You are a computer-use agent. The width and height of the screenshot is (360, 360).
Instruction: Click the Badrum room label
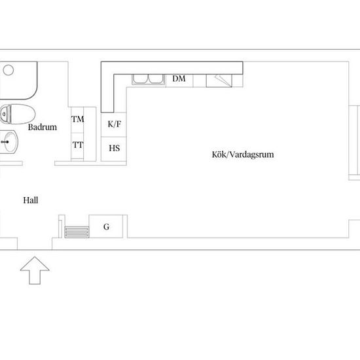pos(43,127)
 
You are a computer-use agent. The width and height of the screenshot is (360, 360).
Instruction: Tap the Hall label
pos(31,200)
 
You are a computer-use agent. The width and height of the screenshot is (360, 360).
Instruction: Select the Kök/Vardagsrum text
pos(243,154)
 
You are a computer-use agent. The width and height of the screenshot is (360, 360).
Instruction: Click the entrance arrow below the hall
pos(35,270)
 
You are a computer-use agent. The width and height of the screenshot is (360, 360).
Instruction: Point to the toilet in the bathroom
pos(18,114)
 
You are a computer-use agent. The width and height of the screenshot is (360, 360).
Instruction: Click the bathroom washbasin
pos(9,142)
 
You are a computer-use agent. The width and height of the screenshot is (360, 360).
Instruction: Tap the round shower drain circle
pos(9,70)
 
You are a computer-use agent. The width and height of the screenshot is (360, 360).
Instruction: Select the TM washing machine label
pos(78,119)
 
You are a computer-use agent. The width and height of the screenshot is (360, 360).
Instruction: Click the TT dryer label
pos(78,145)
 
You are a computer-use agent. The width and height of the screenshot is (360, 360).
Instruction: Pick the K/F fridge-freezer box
pos(114,124)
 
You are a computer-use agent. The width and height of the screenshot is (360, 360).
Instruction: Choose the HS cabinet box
pos(114,149)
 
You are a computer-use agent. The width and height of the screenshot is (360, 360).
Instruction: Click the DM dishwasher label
pos(179,79)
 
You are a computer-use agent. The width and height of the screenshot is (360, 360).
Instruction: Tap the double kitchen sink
pos(149,79)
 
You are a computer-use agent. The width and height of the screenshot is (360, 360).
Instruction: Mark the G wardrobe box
pos(106,226)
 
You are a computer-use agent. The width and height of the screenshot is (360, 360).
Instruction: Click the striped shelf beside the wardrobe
pos(77,232)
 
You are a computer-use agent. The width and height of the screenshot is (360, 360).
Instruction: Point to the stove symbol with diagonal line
pos(219,81)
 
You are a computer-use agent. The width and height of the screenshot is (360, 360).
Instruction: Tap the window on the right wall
pos(354,143)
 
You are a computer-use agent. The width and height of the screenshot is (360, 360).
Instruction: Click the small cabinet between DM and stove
pos(200,81)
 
